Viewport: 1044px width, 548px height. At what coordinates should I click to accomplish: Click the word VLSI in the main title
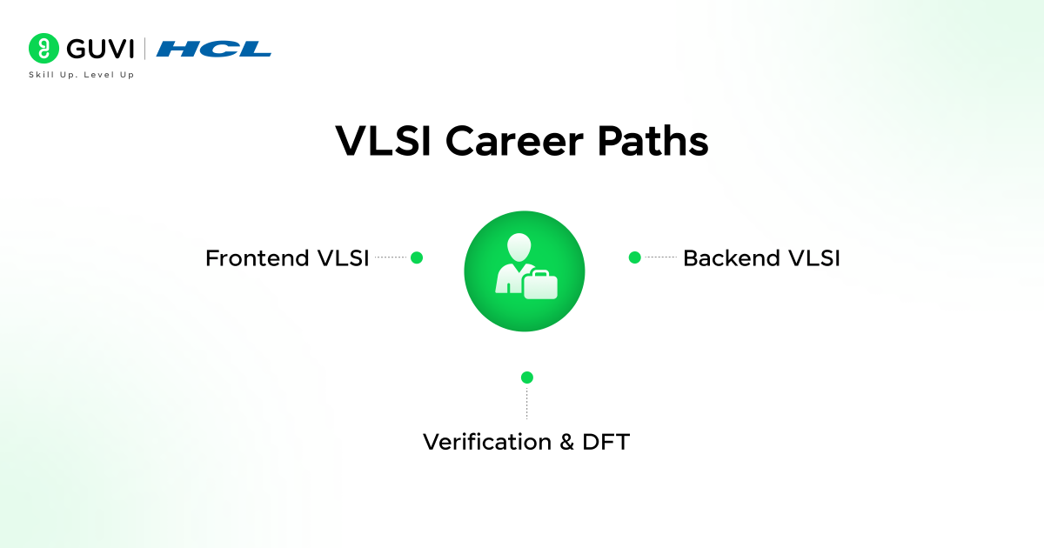[380, 141]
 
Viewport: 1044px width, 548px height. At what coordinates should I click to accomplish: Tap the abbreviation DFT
[606, 442]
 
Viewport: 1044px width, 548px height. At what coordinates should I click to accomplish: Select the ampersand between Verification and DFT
[566, 442]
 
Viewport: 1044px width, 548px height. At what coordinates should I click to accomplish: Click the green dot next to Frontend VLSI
[417, 257]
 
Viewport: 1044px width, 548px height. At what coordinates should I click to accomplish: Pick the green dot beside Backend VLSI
[634, 257]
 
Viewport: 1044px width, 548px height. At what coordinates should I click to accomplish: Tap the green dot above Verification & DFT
[526, 378]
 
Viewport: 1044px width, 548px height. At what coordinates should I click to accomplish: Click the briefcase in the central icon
[539, 284]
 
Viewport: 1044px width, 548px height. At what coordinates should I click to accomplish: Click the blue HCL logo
[214, 49]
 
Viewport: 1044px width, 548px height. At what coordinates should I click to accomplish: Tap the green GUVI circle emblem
[43, 49]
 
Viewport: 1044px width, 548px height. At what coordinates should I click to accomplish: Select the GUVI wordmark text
[97, 49]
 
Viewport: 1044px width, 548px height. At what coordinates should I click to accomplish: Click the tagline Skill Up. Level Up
[81, 75]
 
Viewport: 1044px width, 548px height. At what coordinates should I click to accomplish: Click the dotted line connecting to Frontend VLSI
[391, 257]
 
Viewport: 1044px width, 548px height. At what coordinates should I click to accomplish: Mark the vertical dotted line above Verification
[526, 403]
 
